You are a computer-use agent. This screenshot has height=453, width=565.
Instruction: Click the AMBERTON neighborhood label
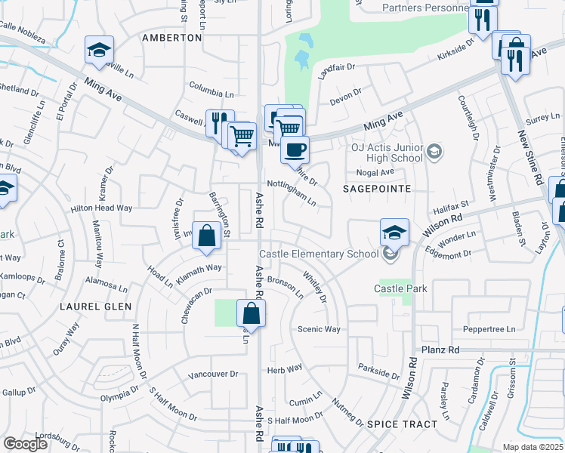(x=171, y=37)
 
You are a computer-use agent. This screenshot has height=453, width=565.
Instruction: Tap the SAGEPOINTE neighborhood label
(x=378, y=188)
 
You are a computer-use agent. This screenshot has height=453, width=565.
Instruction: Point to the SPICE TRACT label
(x=402, y=424)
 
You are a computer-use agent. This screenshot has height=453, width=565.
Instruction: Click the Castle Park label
(x=401, y=288)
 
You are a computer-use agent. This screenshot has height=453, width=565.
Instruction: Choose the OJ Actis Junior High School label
(x=387, y=153)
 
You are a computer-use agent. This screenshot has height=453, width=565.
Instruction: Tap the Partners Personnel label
(x=425, y=8)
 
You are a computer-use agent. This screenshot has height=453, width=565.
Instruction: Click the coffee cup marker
(x=295, y=148)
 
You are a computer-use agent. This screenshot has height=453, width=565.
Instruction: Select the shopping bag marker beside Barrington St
(x=206, y=236)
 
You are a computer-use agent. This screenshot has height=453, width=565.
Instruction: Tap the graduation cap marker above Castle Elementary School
(x=394, y=233)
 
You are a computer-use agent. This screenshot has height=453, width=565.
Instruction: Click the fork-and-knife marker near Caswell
(x=217, y=123)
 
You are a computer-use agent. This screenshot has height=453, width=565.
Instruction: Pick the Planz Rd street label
(x=442, y=350)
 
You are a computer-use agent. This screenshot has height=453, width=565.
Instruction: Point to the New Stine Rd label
(x=520, y=159)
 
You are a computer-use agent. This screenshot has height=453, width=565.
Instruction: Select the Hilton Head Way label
(x=101, y=208)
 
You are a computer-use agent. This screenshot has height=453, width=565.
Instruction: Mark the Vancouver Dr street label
(x=213, y=374)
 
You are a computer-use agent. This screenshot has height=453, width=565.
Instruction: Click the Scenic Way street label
(x=319, y=329)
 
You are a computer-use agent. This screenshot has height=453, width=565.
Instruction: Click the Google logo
(x=26, y=444)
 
